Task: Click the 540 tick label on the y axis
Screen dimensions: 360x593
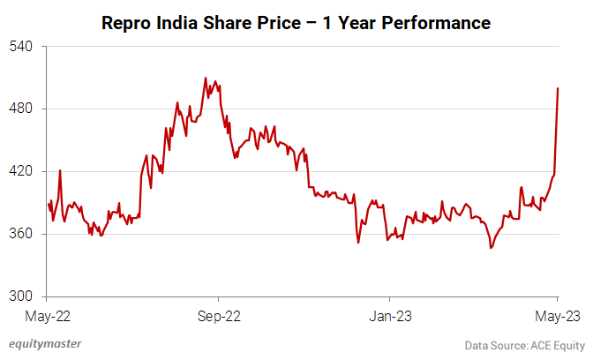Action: tap(21, 46)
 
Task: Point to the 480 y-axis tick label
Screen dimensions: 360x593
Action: tap(21, 109)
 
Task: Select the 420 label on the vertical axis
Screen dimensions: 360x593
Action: tap(21, 171)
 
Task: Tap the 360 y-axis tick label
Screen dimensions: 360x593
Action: tap(21, 234)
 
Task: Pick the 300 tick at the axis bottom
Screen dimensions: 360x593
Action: tap(21, 296)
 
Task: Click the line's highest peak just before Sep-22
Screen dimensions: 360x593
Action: tap(205, 78)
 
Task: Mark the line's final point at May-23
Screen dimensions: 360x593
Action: tap(558, 88)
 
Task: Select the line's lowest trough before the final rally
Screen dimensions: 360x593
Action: tap(491, 248)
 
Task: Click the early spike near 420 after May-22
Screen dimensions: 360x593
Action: tap(60, 170)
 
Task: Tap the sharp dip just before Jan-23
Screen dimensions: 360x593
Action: tap(358, 242)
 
